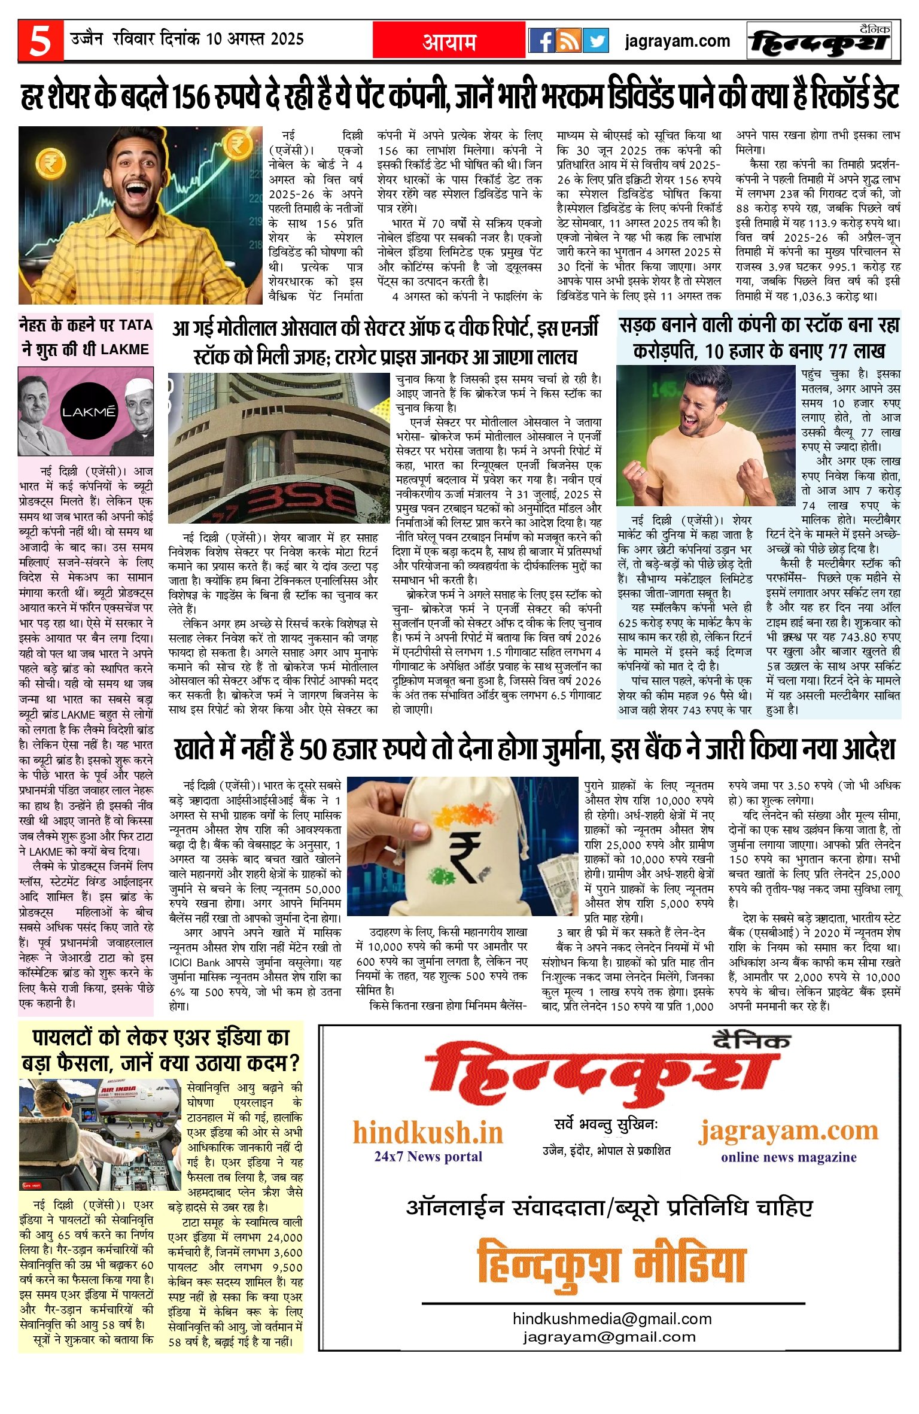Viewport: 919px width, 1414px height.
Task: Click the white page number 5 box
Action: (40, 41)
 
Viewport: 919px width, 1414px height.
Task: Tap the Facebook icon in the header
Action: (541, 41)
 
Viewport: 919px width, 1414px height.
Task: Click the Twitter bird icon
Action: (596, 41)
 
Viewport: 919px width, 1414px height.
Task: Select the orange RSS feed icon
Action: (568, 41)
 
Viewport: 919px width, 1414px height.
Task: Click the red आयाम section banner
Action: (449, 41)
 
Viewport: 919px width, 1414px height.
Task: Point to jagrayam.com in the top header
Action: (677, 41)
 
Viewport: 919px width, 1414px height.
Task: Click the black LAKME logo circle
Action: (89, 412)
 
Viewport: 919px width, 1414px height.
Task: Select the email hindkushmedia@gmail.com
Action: (612, 1318)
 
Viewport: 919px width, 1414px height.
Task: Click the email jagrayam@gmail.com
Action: (609, 1336)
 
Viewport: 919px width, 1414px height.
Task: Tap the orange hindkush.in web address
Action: (428, 1133)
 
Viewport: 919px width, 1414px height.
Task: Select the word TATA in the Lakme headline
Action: (135, 325)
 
